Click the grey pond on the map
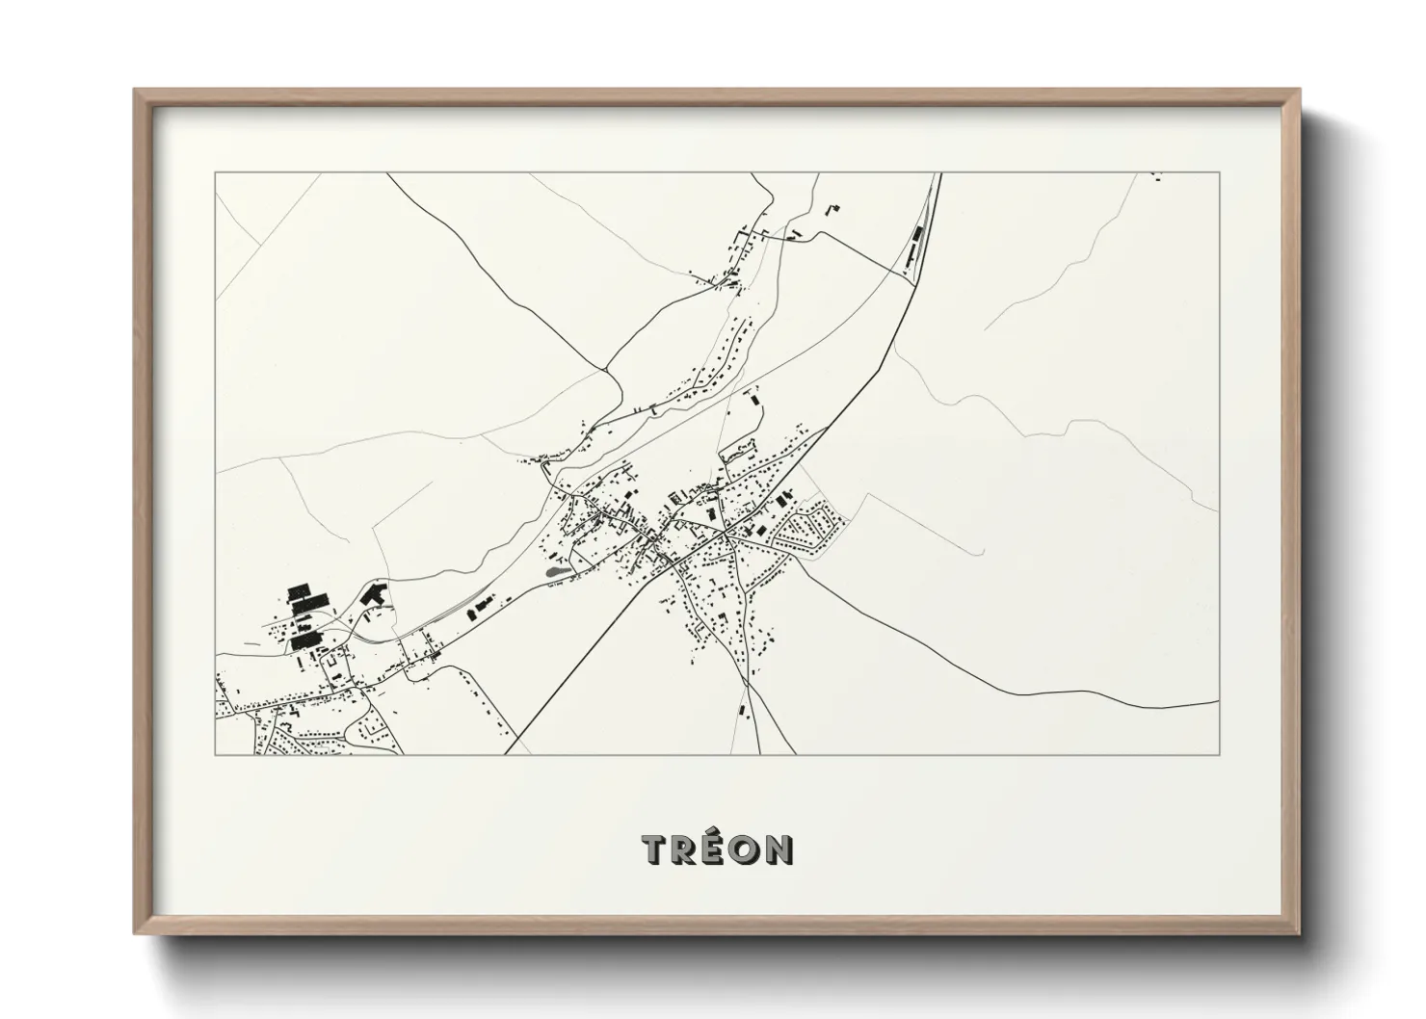tap(555, 573)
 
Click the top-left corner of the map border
tap(216, 173)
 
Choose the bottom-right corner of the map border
tap(1219, 754)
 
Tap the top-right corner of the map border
tap(1219, 173)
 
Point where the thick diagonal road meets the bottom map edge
tap(504, 754)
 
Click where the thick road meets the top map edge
tap(938, 174)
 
